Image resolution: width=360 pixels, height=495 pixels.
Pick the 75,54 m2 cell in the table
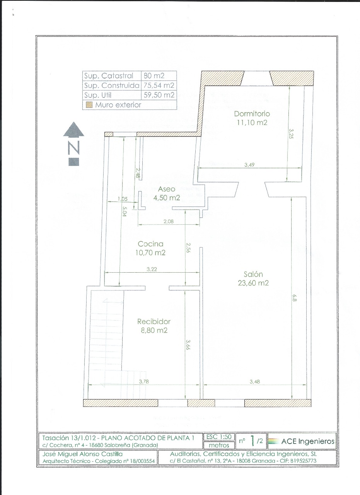(x=159, y=85)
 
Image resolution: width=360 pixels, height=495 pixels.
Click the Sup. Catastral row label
(x=109, y=76)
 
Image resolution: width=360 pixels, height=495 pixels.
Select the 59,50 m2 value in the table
(x=159, y=95)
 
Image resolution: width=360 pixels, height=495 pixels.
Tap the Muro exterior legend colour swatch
(x=89, y=104)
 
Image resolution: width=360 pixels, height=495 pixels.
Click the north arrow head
(x=73, y=129)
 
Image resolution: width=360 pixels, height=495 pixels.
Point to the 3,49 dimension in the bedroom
(x=249, y=165)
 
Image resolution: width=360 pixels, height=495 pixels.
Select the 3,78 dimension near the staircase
(x=144, y=381)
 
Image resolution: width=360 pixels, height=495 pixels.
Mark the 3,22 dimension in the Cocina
(x=152, y=269)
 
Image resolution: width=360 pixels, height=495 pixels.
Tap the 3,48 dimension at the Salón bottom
(x=255, y=381)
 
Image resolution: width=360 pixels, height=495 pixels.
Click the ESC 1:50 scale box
(x=219, y=437)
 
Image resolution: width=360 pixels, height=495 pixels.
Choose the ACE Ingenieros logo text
(x=308, y=441)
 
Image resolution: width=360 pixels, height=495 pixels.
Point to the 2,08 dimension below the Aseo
(x=169, y=221)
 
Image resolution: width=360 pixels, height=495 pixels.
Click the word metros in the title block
(x=219, y=445)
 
